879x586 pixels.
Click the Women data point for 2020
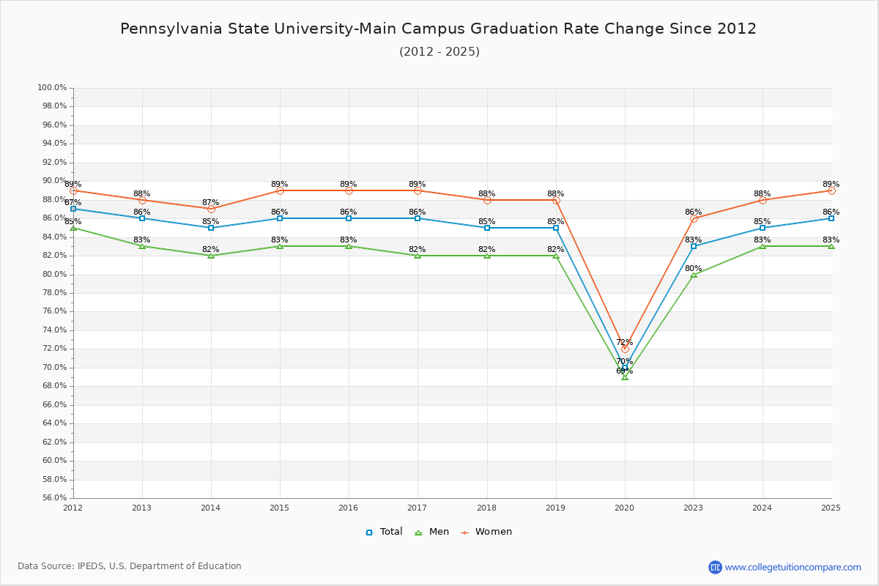pyautogui.click(x=625, y=349)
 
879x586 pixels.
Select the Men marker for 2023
pyautogui.click(x=694, y=274)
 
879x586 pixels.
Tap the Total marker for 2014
pyautogui.click(x=211, y=228)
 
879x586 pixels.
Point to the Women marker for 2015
pyautogui.click(x=280, y=190)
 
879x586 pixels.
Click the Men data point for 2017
pyautogui.click(x=418, y=256)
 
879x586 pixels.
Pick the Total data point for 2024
pyautogui.click(x=763, y=228)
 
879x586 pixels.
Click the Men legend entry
pyautogui.click(x=432, y=532)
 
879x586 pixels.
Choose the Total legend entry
pyautogui.click(x=385, y=532)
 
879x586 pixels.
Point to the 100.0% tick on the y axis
pyautogui.click(x=52, y=88)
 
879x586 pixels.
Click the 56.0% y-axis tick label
pyautogui.click(x=52, y=498)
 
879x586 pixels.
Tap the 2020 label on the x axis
pyautogui.click(x=625, y=508)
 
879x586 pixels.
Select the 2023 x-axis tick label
pyautogui.click(x=694, y=508)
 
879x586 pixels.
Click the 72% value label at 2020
pyautogui.click(x=624, y=342)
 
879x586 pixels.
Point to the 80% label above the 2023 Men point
pyautogui.click(x=693, y=268)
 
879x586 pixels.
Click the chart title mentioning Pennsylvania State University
pyautogui.click(x=438, y=29)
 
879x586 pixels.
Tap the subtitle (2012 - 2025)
pyautogui.click(x=439, y=52)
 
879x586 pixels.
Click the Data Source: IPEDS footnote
pyautogui.click(x=130, y=566)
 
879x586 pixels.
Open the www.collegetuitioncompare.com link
pyautogui.click(x=793, y=567)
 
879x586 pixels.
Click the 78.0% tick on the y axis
pyautogui.click(x=52, y=293)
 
